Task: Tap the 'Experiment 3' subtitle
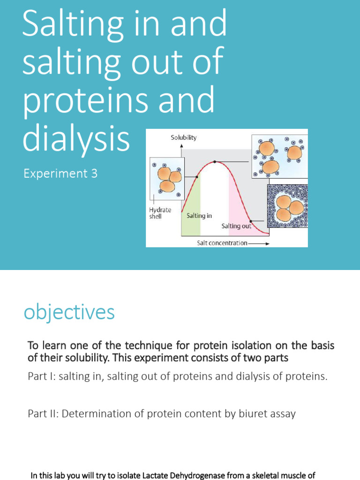(60, 173)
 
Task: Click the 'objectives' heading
(69, 312)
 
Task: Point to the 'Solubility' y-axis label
(183, 137)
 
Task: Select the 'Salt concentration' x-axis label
(222, 243)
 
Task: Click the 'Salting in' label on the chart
(199, 216)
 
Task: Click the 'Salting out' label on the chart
(236, 226)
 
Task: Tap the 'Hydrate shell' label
(159, 213)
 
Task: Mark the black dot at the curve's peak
(215, 162)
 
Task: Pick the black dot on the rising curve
(196, 177)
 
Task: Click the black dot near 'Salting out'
(251, 221)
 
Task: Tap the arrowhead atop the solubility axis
(181, 146)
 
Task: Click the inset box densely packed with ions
(287, 206)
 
